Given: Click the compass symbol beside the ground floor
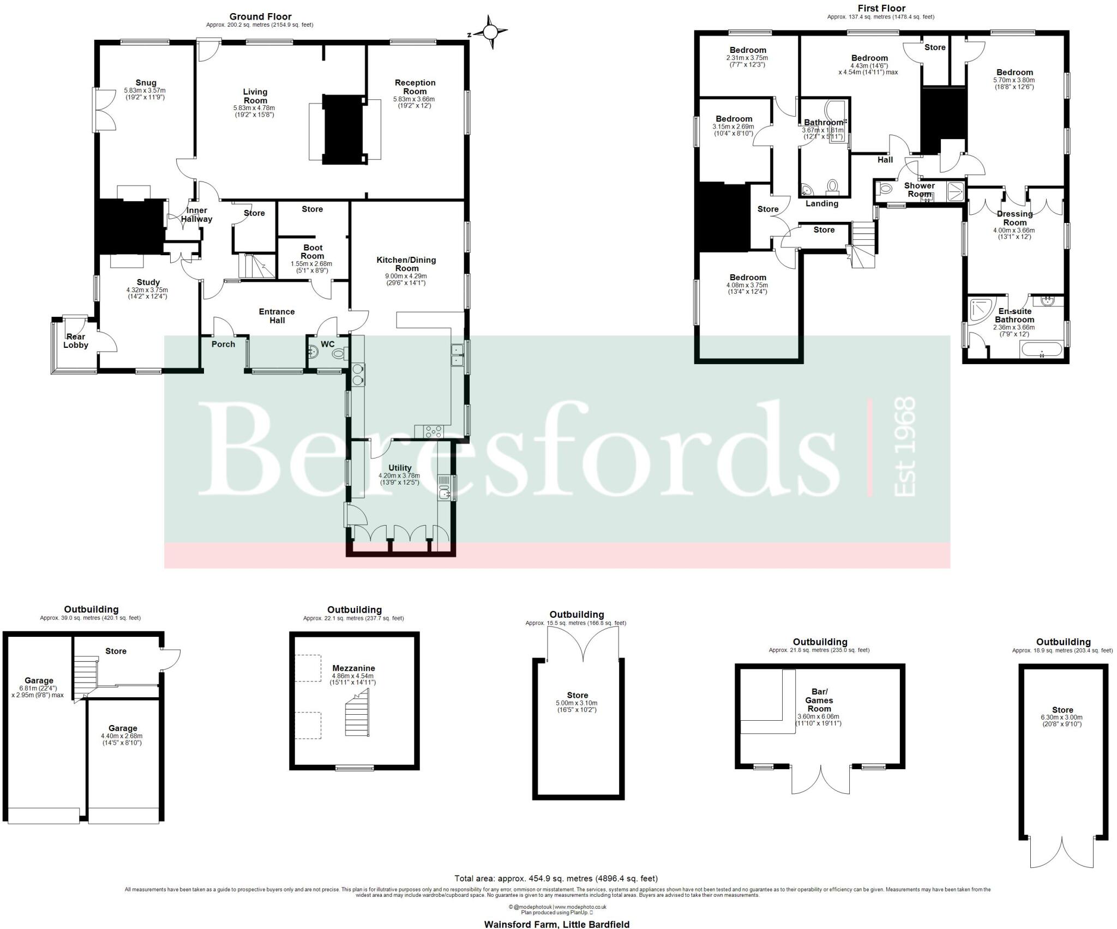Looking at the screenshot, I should pos(490,33).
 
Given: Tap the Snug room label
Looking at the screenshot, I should pos(146,83).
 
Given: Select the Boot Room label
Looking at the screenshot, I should pos(313,252).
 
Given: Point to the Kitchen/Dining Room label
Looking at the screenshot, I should pos(406,264).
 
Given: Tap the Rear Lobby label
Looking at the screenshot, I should pos(76,341).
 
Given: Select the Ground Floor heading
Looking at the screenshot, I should pos(260,17).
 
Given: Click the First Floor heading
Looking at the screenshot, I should pos(881,8).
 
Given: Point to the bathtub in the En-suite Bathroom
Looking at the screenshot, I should pos(1041,349).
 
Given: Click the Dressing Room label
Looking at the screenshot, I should pos(1014,218).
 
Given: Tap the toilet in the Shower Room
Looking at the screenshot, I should pos(885,189).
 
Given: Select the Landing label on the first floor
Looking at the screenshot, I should pos(821,203).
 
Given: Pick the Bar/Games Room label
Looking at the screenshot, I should pos(819,701).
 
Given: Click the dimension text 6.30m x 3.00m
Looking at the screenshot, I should pos(1062,717).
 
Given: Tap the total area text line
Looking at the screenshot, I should pos(556,894).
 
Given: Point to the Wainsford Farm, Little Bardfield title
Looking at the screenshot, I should pos(556,924).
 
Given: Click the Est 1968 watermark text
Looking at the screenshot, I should pos(905,447).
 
